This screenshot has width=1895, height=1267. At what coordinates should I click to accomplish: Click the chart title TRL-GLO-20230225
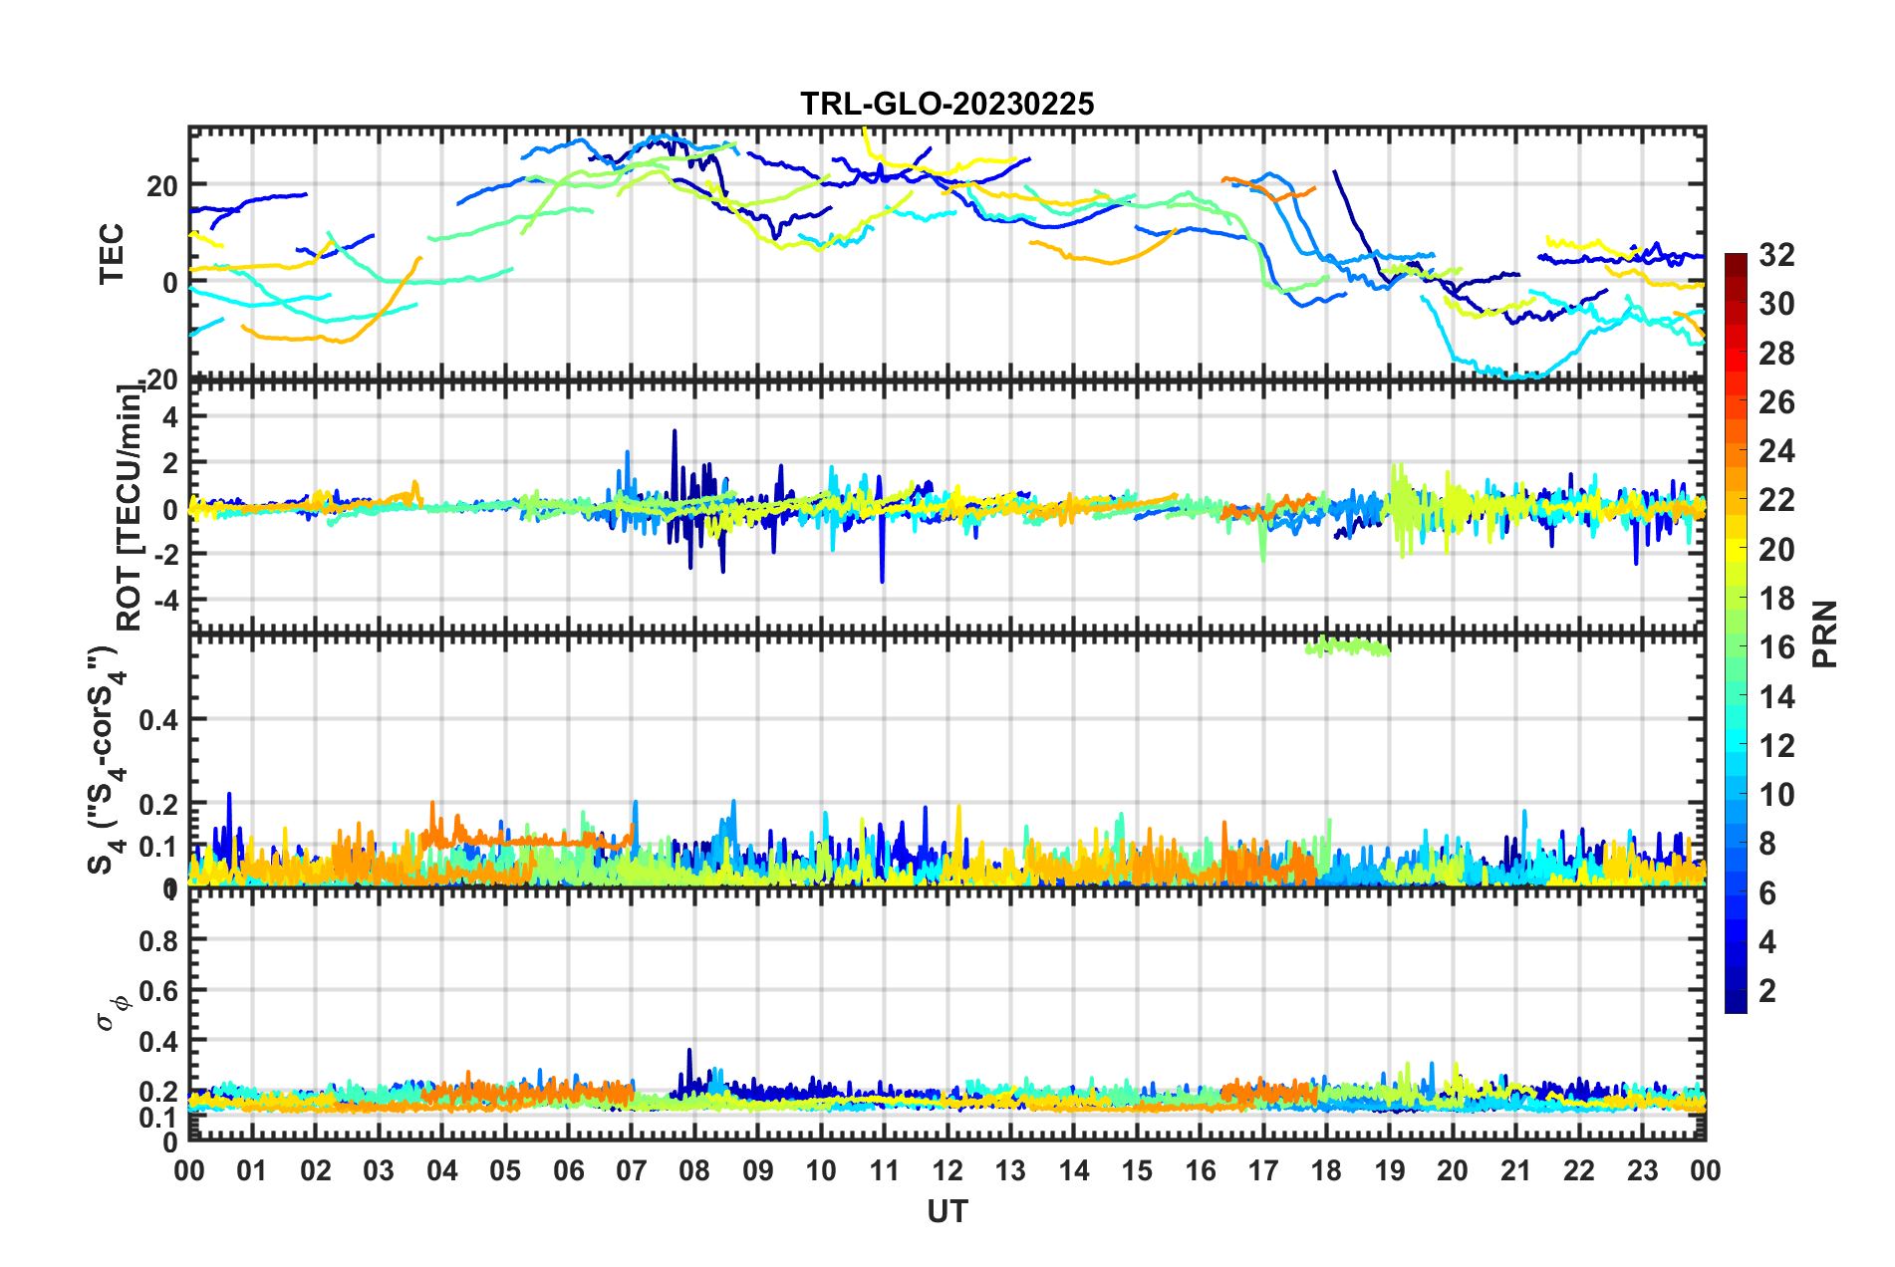[947, 104]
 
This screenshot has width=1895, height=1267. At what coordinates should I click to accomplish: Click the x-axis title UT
[947, 1211]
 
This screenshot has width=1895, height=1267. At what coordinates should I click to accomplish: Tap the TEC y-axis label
[112, 254]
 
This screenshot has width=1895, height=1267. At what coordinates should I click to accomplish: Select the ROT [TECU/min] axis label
[130, 508]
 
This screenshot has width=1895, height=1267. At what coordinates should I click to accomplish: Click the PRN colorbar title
[1825, 633]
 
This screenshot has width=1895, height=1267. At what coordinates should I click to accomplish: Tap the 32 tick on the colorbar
[1776, 255]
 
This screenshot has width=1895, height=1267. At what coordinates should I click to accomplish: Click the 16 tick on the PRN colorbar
[1776, 647]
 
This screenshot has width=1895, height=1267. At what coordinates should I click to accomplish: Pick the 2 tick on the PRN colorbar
[1767, 990]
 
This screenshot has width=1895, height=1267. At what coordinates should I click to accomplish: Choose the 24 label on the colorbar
[1776, 451]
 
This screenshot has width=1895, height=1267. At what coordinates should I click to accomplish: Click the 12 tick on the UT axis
[947, 1170]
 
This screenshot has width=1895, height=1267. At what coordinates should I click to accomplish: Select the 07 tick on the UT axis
[632, 1170]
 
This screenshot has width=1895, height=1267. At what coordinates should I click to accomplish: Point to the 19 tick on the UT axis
[1390, 1170]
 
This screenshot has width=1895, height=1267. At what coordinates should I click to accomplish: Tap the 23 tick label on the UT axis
[1642, 1170]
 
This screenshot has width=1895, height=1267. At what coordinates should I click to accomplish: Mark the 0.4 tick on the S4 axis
[159, 719]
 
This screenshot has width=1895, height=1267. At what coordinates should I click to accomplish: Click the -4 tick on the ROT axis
[164, 600]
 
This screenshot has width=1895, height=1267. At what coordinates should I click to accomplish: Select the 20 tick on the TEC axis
[162, 185]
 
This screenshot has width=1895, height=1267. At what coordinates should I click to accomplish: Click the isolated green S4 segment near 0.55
[1347, 646]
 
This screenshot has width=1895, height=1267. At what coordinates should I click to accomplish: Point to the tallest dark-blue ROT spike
[675, 431]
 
